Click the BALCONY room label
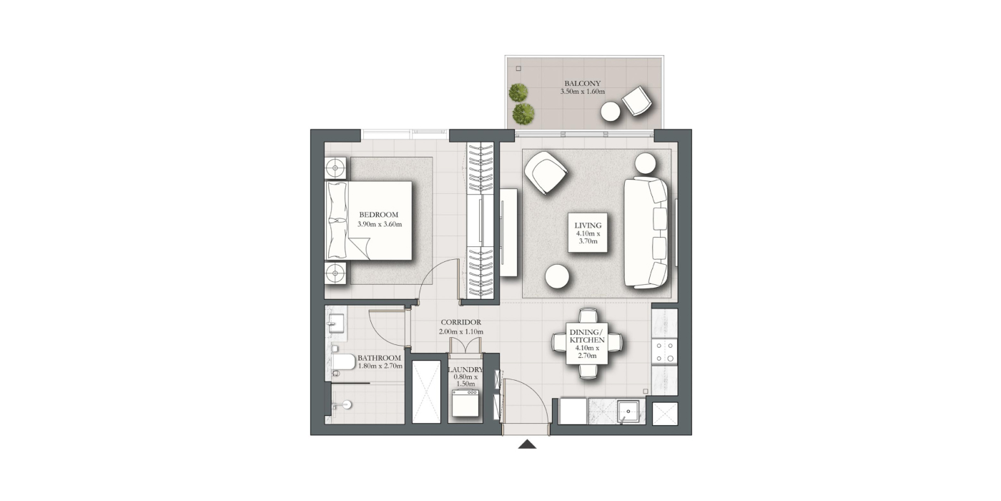point(582,84)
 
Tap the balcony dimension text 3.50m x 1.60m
point(582,92)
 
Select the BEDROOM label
point(378,215)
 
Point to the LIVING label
point(588,225)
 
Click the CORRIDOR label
point(460,322)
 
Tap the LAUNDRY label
point(465,370)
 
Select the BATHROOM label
point(379,358)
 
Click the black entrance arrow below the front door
point(528,444)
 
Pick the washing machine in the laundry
point(465,403)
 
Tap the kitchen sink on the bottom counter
point(628,411)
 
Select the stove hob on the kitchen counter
point(664,352)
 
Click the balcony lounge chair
point(637,101)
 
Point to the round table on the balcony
point(611,112)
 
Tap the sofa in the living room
point(646,232)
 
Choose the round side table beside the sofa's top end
point(645,163)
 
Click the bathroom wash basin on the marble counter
point(335,324)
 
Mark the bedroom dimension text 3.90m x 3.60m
point(380,225)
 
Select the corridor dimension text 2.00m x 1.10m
point(460,332)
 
